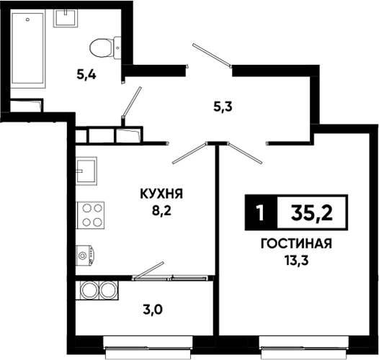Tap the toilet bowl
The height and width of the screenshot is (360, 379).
[105, 48]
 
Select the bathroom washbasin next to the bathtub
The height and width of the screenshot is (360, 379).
[66, 18]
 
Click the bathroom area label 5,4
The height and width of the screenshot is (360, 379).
[86, 75]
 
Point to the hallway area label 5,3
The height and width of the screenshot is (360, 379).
[223, 107]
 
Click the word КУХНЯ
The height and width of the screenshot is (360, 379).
[161, 194]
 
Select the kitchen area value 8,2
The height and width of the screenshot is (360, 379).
[161, 211]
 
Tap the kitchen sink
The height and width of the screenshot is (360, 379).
[86, 171]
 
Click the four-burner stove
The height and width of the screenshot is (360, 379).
[90, 215]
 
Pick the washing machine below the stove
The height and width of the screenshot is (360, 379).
[85, 256]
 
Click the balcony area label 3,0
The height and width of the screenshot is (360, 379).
[153, 310]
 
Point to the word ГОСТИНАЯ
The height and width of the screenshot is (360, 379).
[296, 244]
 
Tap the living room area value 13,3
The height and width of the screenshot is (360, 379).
[297, 261]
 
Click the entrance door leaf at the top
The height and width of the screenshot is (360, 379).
[211, 55]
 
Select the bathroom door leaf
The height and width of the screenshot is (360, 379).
[132, 102]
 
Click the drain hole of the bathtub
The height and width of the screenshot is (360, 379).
[27, 20]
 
